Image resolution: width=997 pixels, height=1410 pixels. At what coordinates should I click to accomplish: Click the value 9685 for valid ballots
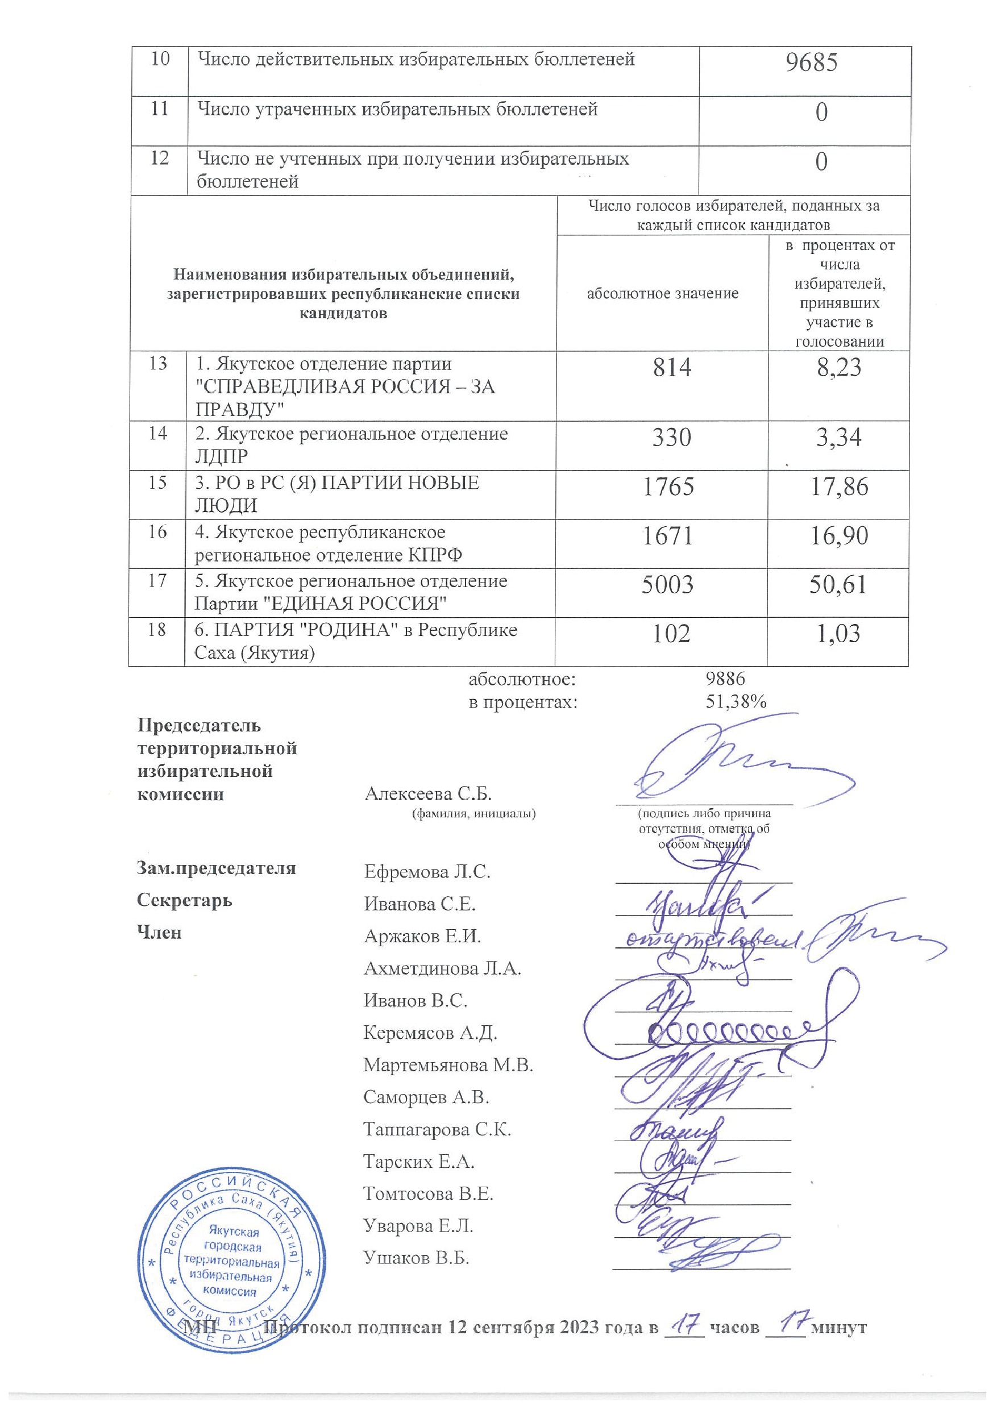pyautogui.click(x=812, y=63)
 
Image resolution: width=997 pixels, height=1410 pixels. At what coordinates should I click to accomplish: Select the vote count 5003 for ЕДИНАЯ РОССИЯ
pyautogui.click(x=667, y=584)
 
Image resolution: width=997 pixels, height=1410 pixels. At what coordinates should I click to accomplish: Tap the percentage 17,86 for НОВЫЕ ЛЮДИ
pyautogui.click(x=838, y=487)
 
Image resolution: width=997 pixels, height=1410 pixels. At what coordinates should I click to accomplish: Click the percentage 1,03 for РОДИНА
pyautogui.click(x=838, y=633)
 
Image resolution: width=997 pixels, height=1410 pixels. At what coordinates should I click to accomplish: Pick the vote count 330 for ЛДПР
pyautogui.click(x=671, y=437)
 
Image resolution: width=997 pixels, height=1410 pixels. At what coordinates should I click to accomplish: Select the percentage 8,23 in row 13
pyautogui.click(x=839, y=367)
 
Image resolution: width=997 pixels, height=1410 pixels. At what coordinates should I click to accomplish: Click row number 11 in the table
pyautogui.click(x=159, y=109)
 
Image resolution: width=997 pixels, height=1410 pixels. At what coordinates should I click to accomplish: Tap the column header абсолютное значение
pyautogui.click(x=662, y=294)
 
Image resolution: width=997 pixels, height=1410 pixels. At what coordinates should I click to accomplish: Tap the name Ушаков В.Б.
pyautogui.click(x=417, y=1257)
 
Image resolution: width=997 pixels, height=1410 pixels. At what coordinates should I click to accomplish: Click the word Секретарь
pyautogui.click(x=184, y=900)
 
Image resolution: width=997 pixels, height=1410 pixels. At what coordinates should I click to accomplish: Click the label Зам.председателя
pyautogui.click(x=216, y=868)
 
